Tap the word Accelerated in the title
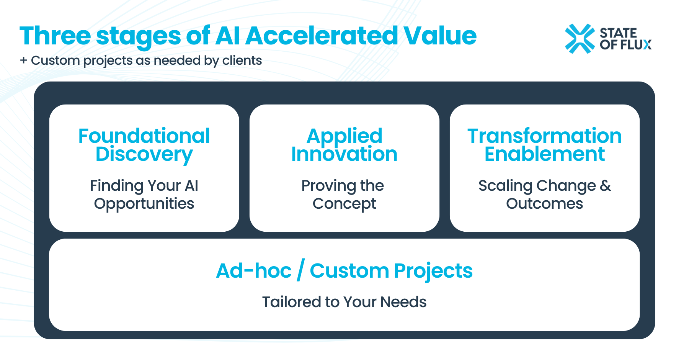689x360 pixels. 322,36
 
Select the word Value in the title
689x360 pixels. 440,36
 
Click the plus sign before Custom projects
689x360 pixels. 24,61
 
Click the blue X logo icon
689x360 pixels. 580,39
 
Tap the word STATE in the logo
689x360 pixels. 618,33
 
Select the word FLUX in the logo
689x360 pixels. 636,45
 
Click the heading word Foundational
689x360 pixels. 144,136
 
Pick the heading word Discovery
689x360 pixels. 144,154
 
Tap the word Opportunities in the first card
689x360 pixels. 144,204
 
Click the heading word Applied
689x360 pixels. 344,136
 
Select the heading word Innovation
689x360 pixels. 344,154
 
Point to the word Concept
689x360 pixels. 344,204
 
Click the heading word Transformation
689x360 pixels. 544,136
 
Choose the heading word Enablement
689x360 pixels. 544,154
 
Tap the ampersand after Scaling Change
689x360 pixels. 605,186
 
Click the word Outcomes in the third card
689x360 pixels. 544,204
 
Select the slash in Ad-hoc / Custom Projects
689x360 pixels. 301,270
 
